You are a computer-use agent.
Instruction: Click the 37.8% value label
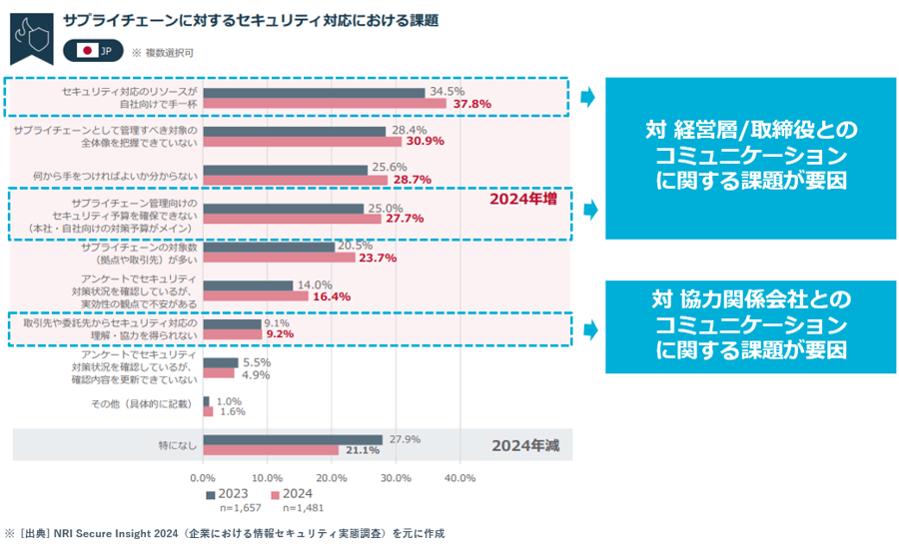pos(470,104)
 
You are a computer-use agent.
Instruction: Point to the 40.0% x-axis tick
pos(459,478)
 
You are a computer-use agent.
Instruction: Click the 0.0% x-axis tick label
pos(203,478)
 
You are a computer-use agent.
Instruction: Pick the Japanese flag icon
pos(87,50)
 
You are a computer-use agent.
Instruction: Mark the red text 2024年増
pos(522,200)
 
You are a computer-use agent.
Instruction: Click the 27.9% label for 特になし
pos(405,439)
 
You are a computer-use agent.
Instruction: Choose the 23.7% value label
pos(377,258)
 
